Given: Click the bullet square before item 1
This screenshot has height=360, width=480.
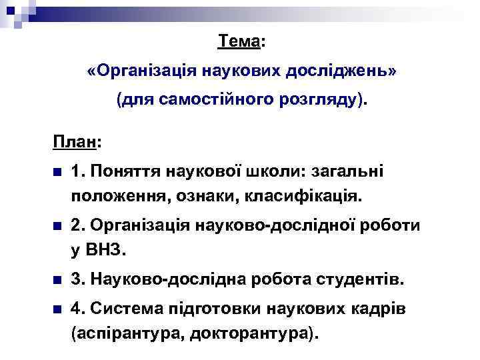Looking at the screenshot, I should [58, 173].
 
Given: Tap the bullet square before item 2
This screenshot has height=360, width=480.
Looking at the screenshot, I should [58, 226].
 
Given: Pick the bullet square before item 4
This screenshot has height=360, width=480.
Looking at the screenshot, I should [58, 309].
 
